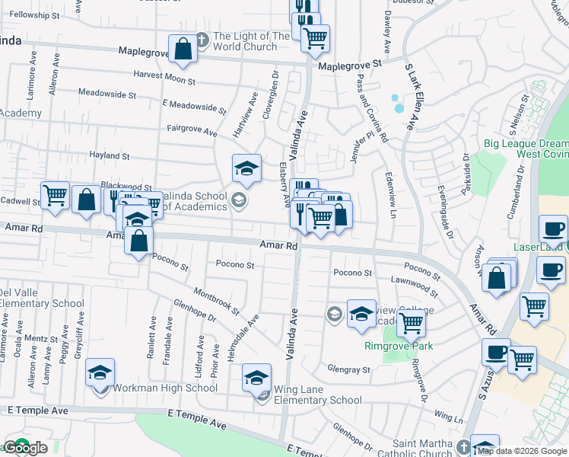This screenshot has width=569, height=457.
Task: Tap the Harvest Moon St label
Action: (x=164, y=78)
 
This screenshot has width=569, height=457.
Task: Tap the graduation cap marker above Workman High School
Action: (x=100, y=372)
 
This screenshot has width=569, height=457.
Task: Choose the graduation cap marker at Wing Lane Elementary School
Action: (x=257, y=378)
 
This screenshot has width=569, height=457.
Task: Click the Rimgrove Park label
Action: (x=393, y=346)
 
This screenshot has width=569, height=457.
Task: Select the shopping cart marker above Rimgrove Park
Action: (x=411, y=323)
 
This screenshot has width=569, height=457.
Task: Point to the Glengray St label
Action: (x=349, y=369)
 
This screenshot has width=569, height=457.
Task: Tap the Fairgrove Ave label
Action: (x=192, y=131)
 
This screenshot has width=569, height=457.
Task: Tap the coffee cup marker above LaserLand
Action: (x=553, y=228)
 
